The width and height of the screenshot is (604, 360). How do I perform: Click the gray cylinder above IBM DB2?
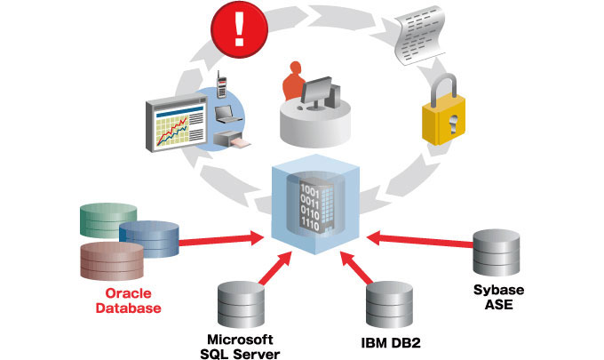[390, 303]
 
